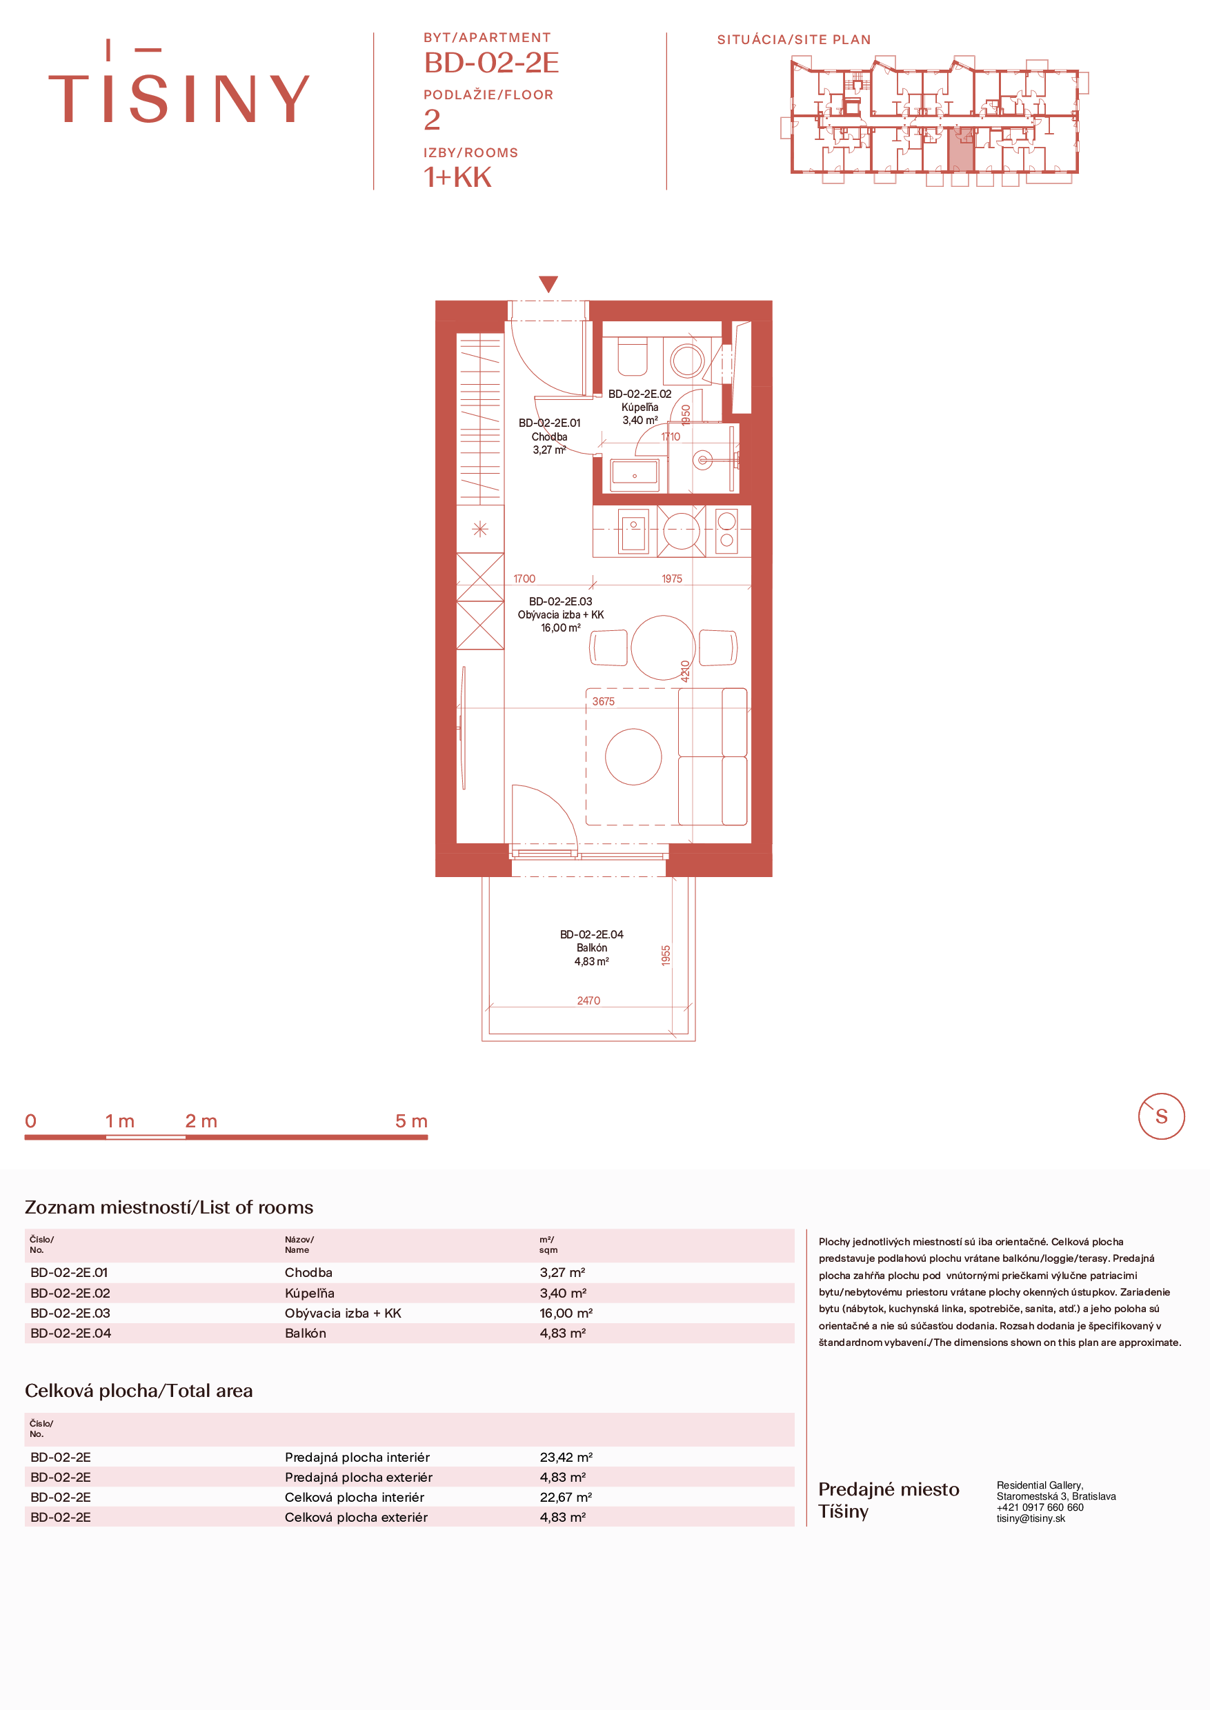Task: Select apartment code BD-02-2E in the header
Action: tap(491, 63)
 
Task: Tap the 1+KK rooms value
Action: tap(457, 177)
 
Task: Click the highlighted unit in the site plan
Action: tap(960, 149)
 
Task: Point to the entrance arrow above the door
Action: tap(548, 284)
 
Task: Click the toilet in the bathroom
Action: tap(633, 356)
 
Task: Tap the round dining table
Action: tap(662, 647)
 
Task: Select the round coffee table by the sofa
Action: tap(633, 756)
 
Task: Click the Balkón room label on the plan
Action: tap(592, 947)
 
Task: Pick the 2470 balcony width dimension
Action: tap(588, 1000)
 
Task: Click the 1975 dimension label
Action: tap(672, 579)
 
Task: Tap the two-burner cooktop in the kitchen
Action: tap(726, 530)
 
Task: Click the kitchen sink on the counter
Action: tap(633, 530)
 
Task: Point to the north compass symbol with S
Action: tap(1161, 1116)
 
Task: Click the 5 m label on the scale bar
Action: tap(411, 1121)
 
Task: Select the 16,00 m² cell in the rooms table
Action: tap(566, 1313)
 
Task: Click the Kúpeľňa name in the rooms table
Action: tap(309, 1293)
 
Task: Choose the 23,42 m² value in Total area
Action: tap(566, 1457)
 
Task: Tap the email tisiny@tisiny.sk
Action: tap(1031, 1518)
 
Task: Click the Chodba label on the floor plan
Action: tap(549, 436)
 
